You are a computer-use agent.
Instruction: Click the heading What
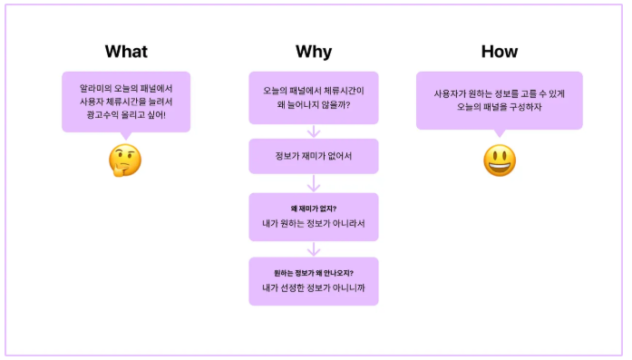coord(126,52)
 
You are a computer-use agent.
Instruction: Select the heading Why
coord(314,52)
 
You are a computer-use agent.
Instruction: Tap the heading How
coord(500,52)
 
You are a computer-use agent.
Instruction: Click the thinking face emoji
coord(125,161)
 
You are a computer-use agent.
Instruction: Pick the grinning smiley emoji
coord(500,161)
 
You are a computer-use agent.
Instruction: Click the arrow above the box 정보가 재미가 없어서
coord(314,131)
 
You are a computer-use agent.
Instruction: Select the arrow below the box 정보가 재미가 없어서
coord(314,183)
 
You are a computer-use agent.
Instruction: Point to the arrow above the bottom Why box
coord(314,249)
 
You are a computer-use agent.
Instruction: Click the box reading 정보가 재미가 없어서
coord(314,156)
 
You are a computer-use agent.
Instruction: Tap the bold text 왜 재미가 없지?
coord(314,209)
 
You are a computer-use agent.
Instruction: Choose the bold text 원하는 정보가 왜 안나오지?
coord(314,273)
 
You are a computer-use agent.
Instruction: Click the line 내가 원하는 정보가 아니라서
coord(314,223)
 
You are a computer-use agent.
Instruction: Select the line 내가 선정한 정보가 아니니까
coord(314,287)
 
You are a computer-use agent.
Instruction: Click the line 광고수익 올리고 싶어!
coord(126,115)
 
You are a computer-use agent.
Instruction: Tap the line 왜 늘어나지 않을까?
coord(314,105)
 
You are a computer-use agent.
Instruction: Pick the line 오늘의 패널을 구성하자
coord(500,107)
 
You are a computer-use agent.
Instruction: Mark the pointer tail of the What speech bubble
coord(126,136)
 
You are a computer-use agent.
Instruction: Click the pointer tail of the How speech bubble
coord(500,133)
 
